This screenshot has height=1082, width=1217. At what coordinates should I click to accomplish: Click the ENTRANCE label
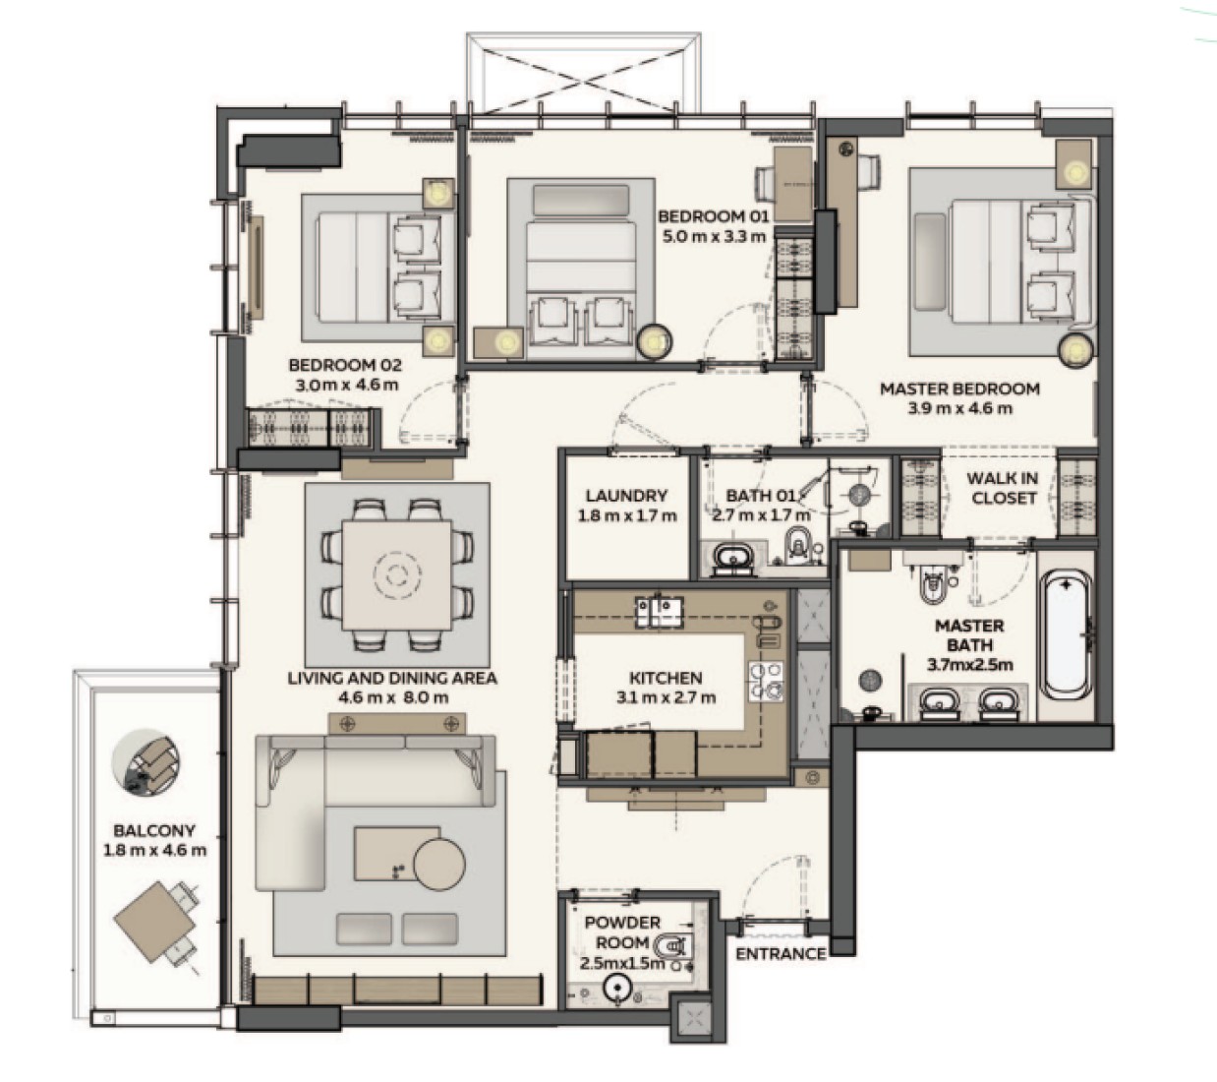[x=781, y=953]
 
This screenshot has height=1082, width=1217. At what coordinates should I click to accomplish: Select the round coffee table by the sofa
[x=439, y=865]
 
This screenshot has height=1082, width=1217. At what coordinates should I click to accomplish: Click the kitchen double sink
[x=659, y=612]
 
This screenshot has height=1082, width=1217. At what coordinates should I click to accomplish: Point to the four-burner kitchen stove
[x=766, y=681]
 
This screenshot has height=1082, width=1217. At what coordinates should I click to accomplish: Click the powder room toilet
[x=675, y=948]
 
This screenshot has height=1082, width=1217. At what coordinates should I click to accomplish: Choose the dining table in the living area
[x=396, y=575]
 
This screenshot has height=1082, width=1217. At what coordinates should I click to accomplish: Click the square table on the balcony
[x=154, y=922]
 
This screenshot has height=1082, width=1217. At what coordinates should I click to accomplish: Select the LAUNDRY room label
[x=626, y=496]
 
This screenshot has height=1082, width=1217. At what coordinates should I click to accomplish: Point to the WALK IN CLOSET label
[x=1003, y=488]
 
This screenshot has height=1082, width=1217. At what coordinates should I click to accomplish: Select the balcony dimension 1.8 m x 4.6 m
[x=155, y=851]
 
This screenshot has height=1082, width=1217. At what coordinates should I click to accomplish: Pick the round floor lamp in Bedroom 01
[x=654, y=342]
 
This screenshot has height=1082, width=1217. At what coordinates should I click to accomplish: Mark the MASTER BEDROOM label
[x=959, y=389]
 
